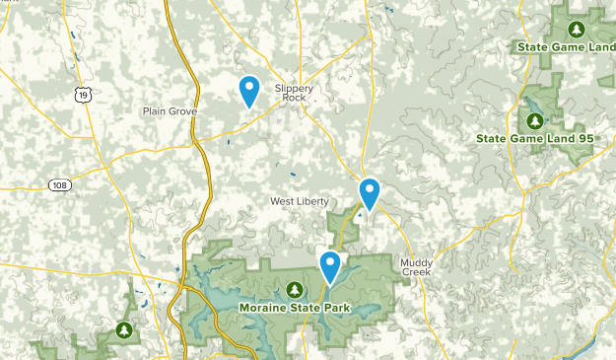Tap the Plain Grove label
(170, 111)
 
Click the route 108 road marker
(61, 184)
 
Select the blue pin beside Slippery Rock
(250, 91)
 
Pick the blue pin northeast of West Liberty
(370, 192)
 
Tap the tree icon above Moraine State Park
(294, 289)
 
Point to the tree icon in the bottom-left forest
(124, 329)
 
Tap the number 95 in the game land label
(585, 139)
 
